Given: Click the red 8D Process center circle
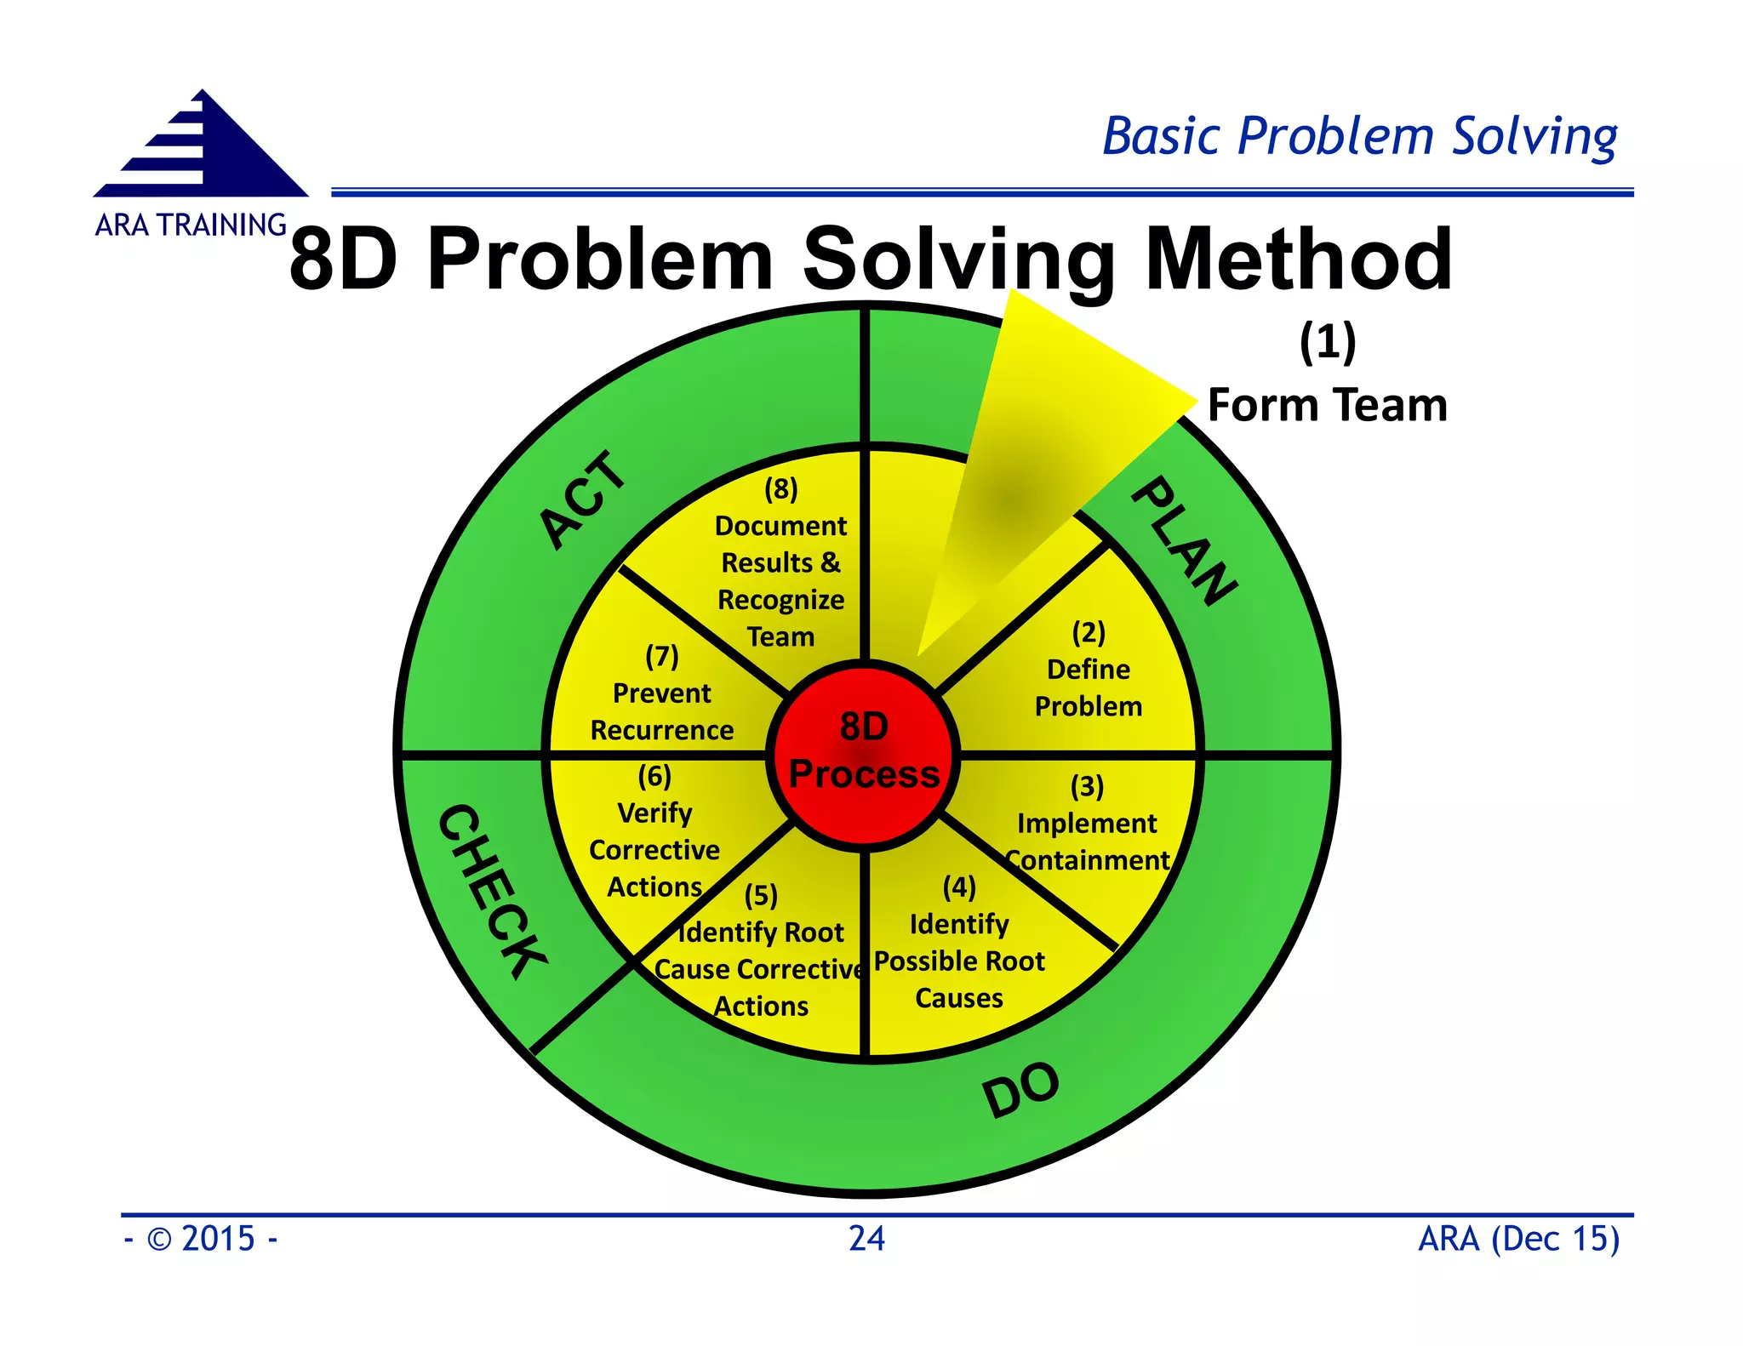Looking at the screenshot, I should click(x=864, y=754).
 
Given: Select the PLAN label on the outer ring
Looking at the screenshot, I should click(x=1184, y=541).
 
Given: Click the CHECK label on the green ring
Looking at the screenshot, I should click(x=492, y=890).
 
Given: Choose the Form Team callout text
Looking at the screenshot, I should click(x=1327, y=405).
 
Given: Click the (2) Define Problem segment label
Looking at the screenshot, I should click(x=1088, y=670).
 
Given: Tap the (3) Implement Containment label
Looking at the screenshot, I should click(x=1087, y=824).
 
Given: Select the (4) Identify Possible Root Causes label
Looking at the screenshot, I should click(x=959, y=943).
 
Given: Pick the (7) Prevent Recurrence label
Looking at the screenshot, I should click(x=661, y=693).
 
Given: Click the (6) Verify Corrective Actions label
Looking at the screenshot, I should click(x=654, y=832).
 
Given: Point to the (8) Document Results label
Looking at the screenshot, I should click(x=780, y=562).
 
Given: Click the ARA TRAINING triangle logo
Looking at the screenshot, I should click(x=202, y=146).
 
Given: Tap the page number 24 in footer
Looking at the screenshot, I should click(x=866, y=1239).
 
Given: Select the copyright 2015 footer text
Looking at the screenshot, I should click(x=201, y=1239).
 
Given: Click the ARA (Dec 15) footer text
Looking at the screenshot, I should click(x=1518, y=1239).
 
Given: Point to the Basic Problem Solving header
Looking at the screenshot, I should click(x=1359, y=136).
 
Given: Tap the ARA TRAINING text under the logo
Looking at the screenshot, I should click(x=191, y=225).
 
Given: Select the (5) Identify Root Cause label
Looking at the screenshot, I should click(x=761, y=951).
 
